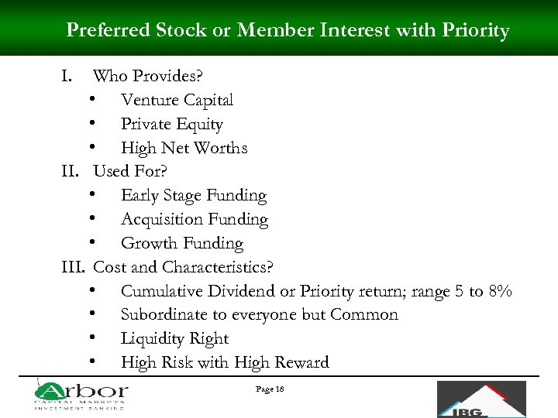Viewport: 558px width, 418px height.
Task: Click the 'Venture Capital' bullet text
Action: point(177,100)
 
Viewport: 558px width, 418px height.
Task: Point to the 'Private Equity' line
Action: point(171,124)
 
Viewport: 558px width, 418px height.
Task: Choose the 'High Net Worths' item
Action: point(184,148)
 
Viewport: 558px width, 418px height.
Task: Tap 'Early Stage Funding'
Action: point(193,196)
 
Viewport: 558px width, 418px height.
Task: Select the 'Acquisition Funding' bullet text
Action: point(194,220)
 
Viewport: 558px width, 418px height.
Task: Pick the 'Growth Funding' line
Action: point(181,243)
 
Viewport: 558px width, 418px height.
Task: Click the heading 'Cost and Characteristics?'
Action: point(183,267)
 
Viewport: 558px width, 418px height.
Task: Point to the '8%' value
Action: point(500,291)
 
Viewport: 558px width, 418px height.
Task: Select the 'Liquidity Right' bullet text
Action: point(174,339)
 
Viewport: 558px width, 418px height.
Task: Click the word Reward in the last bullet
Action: point(301,362)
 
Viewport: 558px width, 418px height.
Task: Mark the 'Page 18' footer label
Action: point(270,389)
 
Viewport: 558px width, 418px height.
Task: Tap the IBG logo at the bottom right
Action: point(480,399)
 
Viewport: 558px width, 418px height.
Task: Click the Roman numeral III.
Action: point(73,267)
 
